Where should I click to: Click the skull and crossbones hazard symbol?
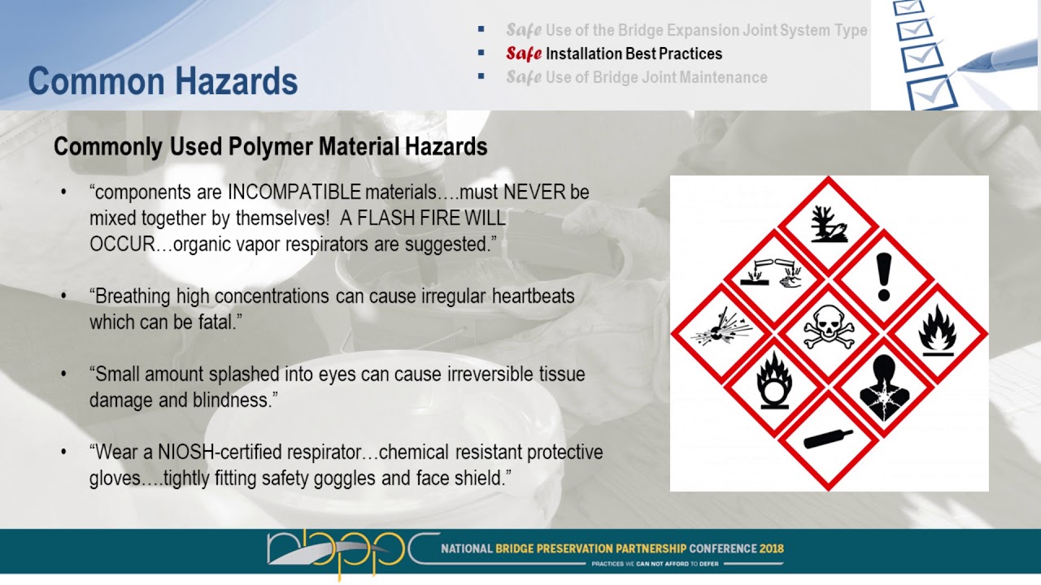pyautogui.click(x=829, y=331)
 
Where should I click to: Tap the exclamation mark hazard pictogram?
pyautogui.click(x=883, y=278)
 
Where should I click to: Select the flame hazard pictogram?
pyautogui.click(x=936, y=331)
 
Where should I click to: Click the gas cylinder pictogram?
pyautogui.click(x=828, y=439)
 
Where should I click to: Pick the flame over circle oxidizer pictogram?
pyautogui.click(x=774, y=383)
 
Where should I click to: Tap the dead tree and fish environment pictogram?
pyautogui.click(x=829, y=224)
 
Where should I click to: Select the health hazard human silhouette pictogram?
pyautogui.click(x=882, y=387)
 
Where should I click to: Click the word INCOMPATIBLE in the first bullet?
pyautogui.click(x=294, y=193)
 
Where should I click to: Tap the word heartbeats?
pyautogui.click(x=533, y=297)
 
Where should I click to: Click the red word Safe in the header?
pyautogui.click(x=523, y=54)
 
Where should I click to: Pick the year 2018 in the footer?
pyautogui.click(x=772, y=548)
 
